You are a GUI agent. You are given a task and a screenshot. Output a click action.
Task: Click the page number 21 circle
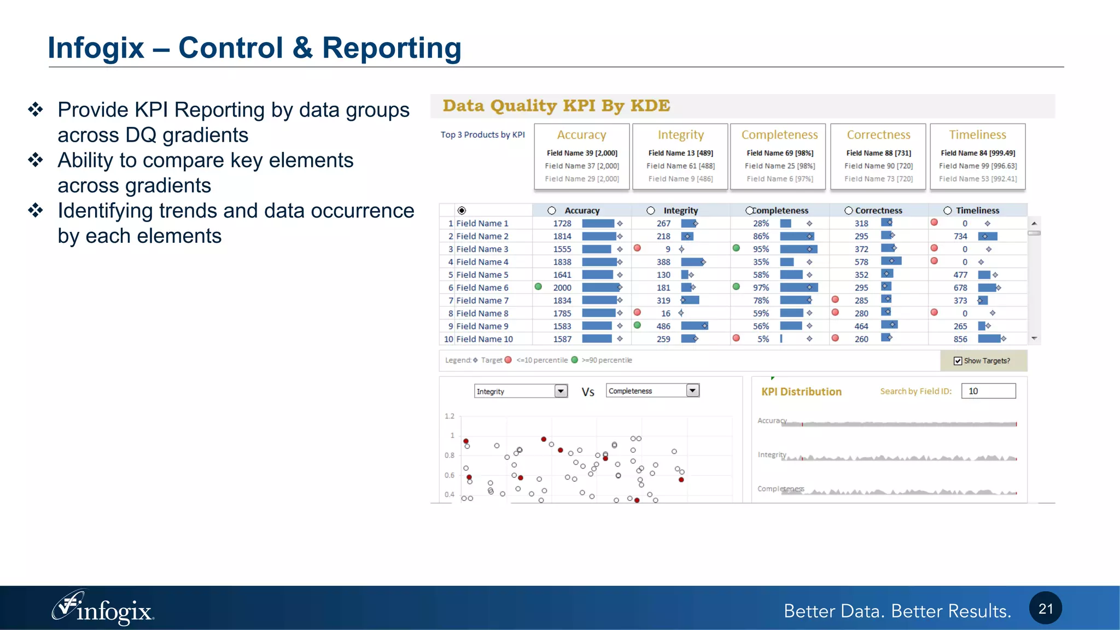point(1045,608)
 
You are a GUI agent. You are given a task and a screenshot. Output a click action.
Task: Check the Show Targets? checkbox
point(958,360)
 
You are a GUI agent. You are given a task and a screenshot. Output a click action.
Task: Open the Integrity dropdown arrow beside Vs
point(561,391)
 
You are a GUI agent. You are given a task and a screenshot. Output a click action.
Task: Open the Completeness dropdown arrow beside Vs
point(693,390)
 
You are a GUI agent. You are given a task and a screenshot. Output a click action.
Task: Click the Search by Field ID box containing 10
point(988,391)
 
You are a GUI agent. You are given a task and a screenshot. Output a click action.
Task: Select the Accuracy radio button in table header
point(551,211)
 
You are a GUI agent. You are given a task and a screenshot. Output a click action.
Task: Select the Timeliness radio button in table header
point(947,211)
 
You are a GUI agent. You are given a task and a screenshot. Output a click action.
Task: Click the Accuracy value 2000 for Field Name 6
point(562,288)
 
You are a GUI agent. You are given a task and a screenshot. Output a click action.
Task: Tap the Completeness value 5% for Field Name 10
point(763,339)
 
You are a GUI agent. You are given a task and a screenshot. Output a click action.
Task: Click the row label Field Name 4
point(482,262)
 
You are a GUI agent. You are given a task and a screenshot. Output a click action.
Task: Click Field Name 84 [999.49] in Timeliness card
point(977,153)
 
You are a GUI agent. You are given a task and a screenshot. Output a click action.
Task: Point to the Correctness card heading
point(878,135)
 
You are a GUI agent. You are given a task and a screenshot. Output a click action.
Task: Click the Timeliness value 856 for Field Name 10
point(960,339)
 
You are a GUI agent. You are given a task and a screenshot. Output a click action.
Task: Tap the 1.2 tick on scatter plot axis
point(449,416)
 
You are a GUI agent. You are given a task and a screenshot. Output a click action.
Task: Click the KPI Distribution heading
point(801,392)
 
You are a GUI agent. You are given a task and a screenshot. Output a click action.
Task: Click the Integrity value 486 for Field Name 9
point(663,326)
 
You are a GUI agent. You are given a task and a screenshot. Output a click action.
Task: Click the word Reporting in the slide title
point(392,48)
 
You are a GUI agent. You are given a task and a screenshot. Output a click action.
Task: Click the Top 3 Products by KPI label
point(482,135)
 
